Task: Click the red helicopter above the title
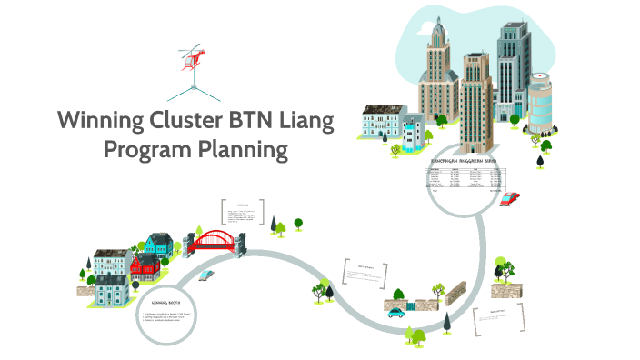click(193, 57)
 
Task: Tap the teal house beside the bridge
click(158, 243)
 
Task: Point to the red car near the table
click(510, 197)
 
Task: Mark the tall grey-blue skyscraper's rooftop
click(509, 27)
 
